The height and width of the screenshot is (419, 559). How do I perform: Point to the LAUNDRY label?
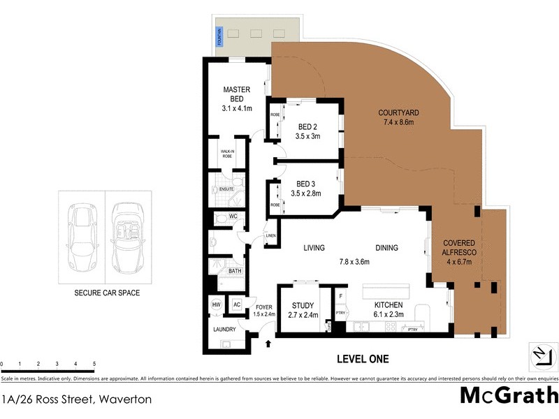225,329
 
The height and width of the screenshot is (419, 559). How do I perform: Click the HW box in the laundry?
216,304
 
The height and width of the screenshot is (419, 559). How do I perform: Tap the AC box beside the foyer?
236,304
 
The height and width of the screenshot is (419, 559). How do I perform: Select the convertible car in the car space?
127,237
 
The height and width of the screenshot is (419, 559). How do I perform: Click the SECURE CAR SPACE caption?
106,293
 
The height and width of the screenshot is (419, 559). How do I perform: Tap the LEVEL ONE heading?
363,359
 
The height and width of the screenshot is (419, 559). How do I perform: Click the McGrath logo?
508,395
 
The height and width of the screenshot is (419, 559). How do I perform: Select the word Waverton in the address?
127,400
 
